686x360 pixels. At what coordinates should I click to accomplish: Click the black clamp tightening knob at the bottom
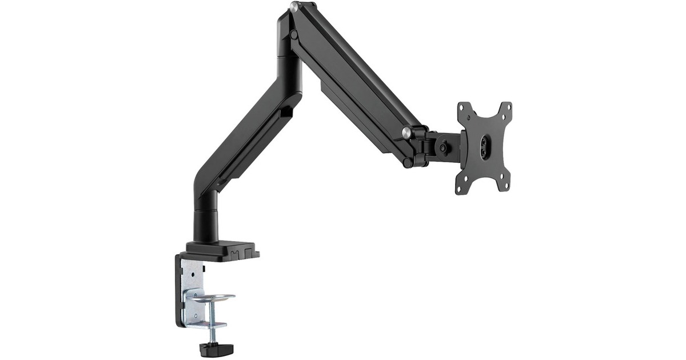pyautogui.click(x=210, y=348)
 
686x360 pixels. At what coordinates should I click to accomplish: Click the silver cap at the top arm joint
pyautogui.click(x=294, y=7)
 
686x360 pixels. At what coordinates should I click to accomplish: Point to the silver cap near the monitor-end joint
pyautogui.click(x=406, y=133)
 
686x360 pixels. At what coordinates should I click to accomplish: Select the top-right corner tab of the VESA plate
pyautogui.click(x=505, y=109)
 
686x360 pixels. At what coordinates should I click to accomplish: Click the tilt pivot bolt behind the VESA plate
pyautogui.click(x=443, y=146)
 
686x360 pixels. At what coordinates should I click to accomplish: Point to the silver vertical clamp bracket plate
pyautogui.click(x=192, y=286)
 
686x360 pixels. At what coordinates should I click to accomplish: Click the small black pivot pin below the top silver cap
pyautogui.click(x=294, y=35)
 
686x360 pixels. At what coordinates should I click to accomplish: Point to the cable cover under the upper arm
pyautogui.click(x=354, y=114)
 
